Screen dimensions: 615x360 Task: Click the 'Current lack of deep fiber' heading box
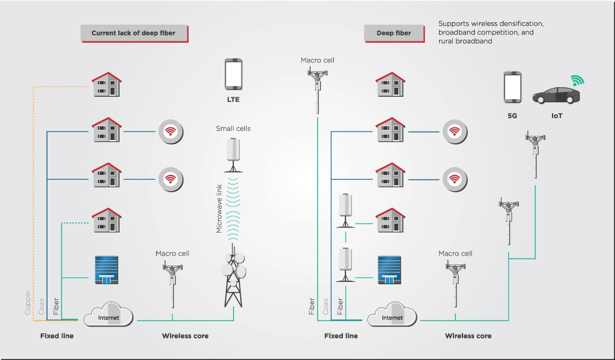pyautogui.click(x=134, y=34)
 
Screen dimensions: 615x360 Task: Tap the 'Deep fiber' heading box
pyautogui.click(x=394, y=34)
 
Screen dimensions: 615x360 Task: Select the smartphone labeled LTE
pyautogui.click(x=234, y=75)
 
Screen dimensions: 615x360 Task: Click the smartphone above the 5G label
pyautogui.click(x=512, y=87)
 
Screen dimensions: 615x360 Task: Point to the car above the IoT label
pyautogui.click(x=556, y=96)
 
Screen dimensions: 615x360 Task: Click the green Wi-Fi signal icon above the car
pyautogui.click(x=577, y=81)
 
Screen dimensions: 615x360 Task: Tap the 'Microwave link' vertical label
pyautogui.click(x=219, y=209)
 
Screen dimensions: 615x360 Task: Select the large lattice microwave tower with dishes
pyautogui.click(x=234, y=275)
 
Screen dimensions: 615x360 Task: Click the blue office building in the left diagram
pyautogui.click(x=107, y=270)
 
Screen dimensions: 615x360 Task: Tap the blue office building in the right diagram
pyautogui.click(x=389, y=270)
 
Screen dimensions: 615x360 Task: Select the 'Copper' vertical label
pyautogui.click(x=28, y=302)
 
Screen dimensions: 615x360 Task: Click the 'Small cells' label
pyautogui.click(x=233, y=129)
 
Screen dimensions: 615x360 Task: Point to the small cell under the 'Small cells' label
pyautogui.click(x=234, y=155)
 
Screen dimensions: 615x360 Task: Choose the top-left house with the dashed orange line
pyautogui.click(x=107, y=84)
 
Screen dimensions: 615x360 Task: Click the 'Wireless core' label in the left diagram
pyautogui.click(x=185, y=336)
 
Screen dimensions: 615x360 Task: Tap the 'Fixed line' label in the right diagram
pyautogui.click(x=341, y=336)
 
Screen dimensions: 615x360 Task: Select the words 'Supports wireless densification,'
pyautogui.click(x=491, y=23)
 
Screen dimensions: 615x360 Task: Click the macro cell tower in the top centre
pyautogui.click(x=317, y=90)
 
